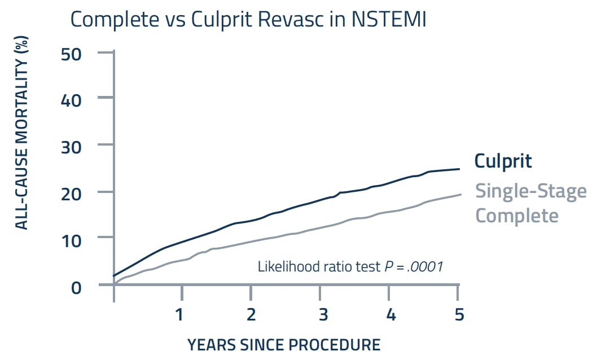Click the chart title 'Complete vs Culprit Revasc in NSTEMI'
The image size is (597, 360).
(x=248, y=20)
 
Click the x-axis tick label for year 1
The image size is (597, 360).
(x=179, y=314)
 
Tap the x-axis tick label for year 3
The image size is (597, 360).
(x=322, y=314)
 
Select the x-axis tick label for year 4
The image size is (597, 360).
(x=390, y=314)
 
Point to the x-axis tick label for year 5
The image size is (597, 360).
(x=458, y=314)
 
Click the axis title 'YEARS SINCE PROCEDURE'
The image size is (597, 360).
(x=284, y=344)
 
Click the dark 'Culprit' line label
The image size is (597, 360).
(x=503, y=161)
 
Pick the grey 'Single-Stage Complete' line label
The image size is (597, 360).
(x=530, y=203)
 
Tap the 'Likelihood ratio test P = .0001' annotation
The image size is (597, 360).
(x=350, y=266)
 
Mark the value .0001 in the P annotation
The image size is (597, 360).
(x=425, y=266)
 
